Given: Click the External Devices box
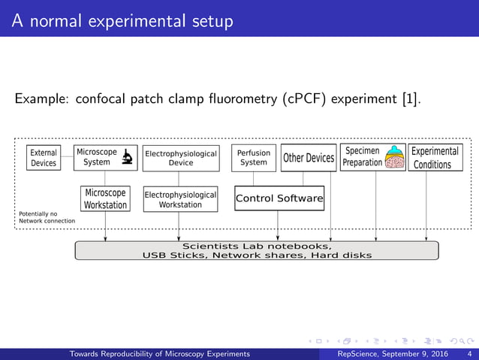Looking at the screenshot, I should (44, 158).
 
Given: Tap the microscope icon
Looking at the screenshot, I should (128, 157).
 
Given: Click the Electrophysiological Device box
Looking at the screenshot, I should (180, 158).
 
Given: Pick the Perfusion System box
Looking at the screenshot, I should (254, 158).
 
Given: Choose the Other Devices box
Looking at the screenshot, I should (309, 158).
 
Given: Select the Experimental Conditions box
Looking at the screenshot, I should (435, 158).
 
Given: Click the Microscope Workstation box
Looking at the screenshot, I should (105, 199).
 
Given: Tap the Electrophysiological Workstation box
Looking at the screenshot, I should (180, 199).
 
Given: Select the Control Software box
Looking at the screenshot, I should (279, 198).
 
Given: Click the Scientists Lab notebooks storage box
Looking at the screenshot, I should (257, 250).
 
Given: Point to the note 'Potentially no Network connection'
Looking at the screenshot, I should (47, 217).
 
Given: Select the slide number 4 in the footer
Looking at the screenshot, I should (469, 354).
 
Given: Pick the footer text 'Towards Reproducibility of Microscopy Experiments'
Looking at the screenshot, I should (160, 354).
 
